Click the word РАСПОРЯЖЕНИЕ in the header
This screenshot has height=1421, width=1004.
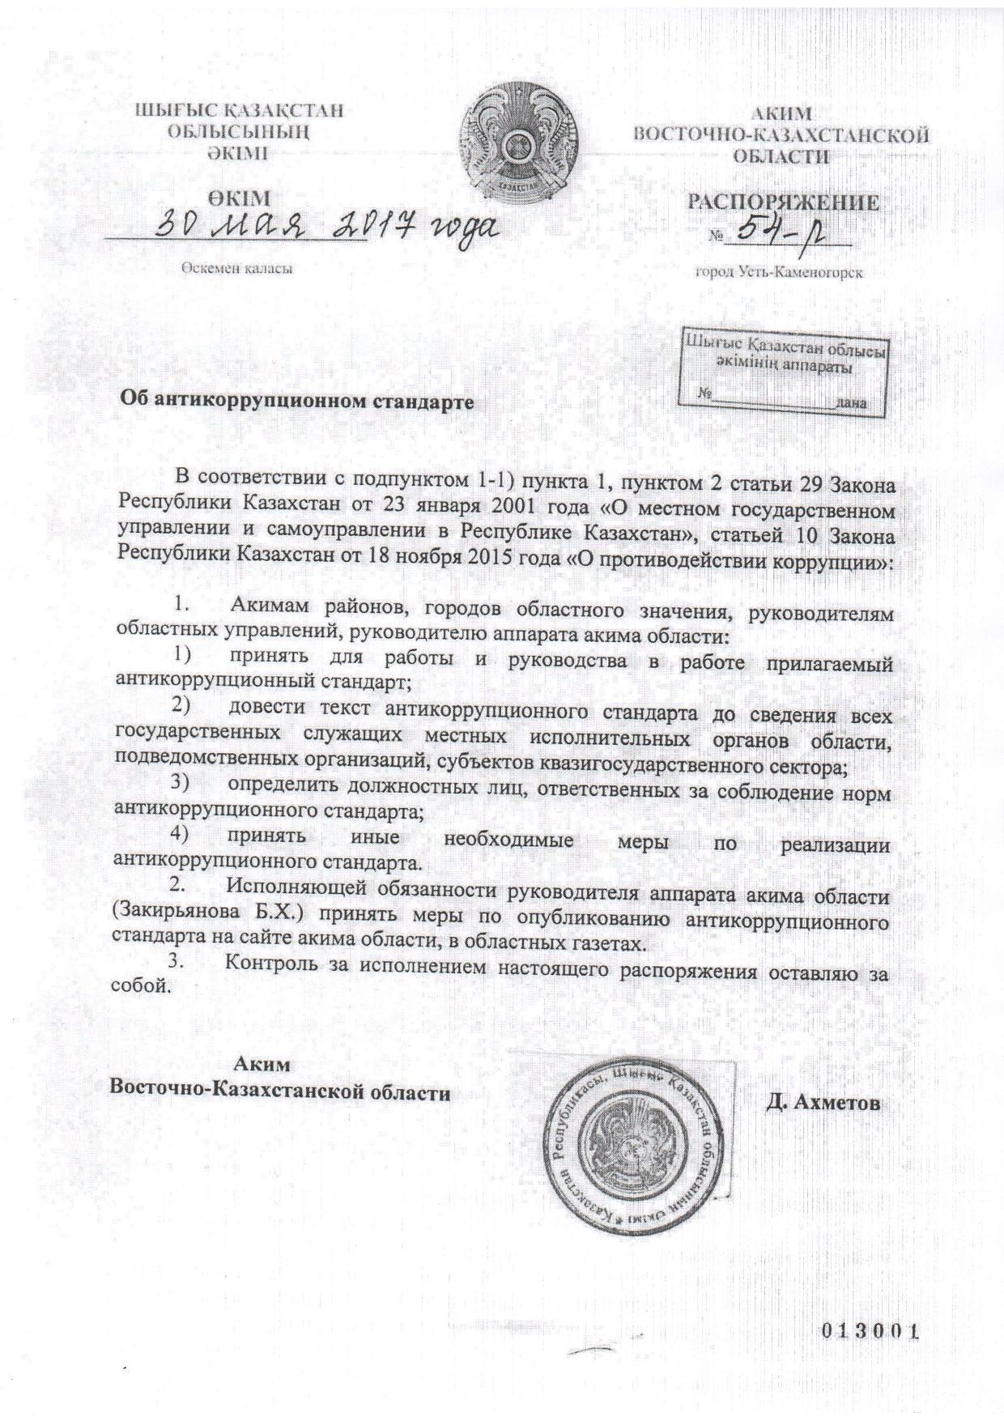tap(783, 202)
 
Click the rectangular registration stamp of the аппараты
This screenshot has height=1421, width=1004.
tap(782, 370)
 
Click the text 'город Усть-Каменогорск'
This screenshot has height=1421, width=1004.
tap(780, 273)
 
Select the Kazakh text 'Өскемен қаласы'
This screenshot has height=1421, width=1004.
tap(236, 270)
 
